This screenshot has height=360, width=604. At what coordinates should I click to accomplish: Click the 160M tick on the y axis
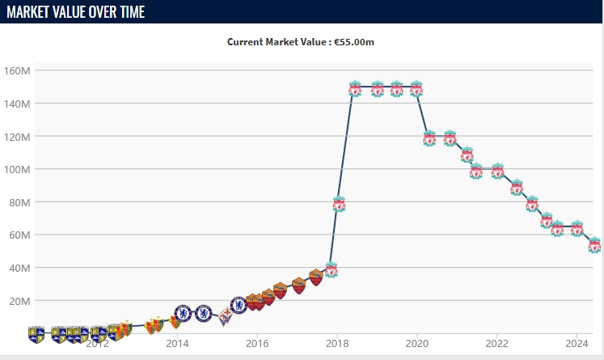pyautogui.click(x=17, y=70)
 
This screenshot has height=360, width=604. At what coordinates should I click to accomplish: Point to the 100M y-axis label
pyautogui.click(x=17, y=169)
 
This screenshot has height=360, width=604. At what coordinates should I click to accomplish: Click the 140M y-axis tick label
pyautogui.click(x=17, y=104)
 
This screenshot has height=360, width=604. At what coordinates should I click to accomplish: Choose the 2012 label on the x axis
pyautogui.click(x=97, y=342)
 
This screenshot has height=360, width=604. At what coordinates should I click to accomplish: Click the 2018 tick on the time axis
pyautogui.click(x=337, y=342)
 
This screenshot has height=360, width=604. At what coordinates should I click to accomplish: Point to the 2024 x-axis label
pyautogui.click(x=577, y=342)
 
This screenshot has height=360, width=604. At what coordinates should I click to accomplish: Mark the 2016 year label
pyautogui.click(x=257, y=342)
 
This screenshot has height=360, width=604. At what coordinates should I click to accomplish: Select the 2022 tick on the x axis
pyautogui.click(x=496, y=342)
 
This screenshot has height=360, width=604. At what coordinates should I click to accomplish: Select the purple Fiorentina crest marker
pyautogui.click(x=226, y=316)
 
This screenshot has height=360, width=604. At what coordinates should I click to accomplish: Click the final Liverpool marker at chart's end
pyautogui.click(x=594, y=244)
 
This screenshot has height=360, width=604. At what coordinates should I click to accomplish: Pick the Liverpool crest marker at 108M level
pyautogui.click(x=467, y=154)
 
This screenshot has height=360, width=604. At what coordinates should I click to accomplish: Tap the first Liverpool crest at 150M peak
pyautogui.click(x=356, y=88)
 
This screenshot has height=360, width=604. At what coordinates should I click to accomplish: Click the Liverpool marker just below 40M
pyautogui.click(x=331, y=269)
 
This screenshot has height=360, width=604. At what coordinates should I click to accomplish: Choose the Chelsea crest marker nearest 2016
pyautogui.click(x=239, y=305)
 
